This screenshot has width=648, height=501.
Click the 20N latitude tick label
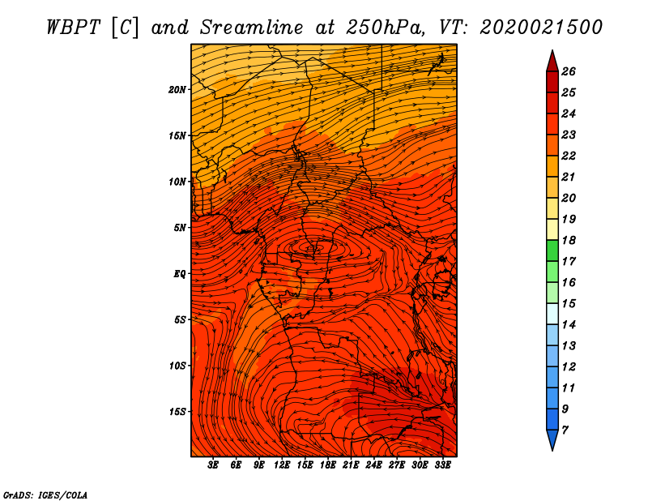pyautogui.click(x=178, y=89)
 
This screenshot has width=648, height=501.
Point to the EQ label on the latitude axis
pyautogui.click(x=180, y=273)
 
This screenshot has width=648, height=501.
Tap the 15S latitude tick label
pyautogui.click(x=178, y=411)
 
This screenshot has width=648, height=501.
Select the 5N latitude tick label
pyautogui.click(x=180, y=227)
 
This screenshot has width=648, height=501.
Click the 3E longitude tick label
pyautogui.click(x=214, y=465)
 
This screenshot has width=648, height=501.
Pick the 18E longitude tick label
pyautogui.click(x=328, y=465)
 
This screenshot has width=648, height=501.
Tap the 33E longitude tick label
pyautogui.click(x=442, y=465)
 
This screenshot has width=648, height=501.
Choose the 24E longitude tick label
pyautogui.click(x=373, y=465)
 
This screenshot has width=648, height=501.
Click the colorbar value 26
pyautogui.click(x=569, y=71)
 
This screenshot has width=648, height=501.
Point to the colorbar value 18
pyautogui.click(x=569, y=240)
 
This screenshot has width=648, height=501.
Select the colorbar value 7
pyautogui.click(x=565, y=429)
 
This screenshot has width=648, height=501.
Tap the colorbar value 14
pyautogui.click(x=569, y=324)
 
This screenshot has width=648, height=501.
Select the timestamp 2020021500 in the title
pyautogui.click(x=541, y=26)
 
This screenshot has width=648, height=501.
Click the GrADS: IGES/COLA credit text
pyautogui.click(x=45, y=494)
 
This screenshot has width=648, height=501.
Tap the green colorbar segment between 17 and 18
pyautogui.click(x=552, y=250)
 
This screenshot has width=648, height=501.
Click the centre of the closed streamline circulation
pyautogui.click(x=313, y=246)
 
